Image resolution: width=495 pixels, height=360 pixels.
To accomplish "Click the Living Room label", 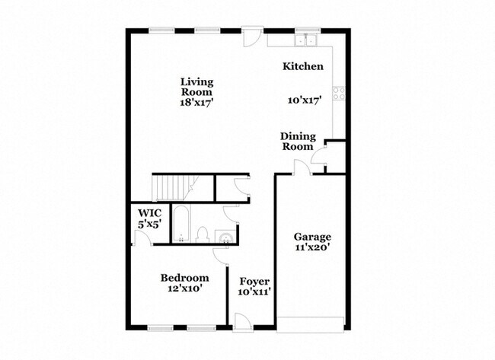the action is coord(196,87).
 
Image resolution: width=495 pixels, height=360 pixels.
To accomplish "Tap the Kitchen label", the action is coord(303,66).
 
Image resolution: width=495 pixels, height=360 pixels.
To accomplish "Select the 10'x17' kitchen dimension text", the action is coord(305,100).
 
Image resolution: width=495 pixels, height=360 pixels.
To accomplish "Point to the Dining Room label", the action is coord(298,142).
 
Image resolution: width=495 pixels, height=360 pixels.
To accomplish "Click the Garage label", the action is coord(312,237).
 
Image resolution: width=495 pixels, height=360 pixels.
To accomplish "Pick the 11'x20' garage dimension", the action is coord(313,247).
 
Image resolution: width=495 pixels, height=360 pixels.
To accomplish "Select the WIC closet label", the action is coord(149,213).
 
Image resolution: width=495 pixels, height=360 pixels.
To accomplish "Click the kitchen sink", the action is coord(306,40).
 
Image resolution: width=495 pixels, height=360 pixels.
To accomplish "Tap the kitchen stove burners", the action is coord(339,94).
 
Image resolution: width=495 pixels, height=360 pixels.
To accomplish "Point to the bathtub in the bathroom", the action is coord(181,224).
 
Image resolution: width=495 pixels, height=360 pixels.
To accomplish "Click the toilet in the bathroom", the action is coord(202,235).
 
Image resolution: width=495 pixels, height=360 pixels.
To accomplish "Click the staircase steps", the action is coord(174,188).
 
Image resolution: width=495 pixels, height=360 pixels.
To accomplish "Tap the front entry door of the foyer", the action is coord(243,323).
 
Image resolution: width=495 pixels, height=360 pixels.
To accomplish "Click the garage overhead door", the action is coord(310,325).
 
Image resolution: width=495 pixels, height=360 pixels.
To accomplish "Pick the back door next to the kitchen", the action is coord(252,37).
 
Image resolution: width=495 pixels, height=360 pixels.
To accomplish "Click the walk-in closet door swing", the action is coord(142,237).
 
